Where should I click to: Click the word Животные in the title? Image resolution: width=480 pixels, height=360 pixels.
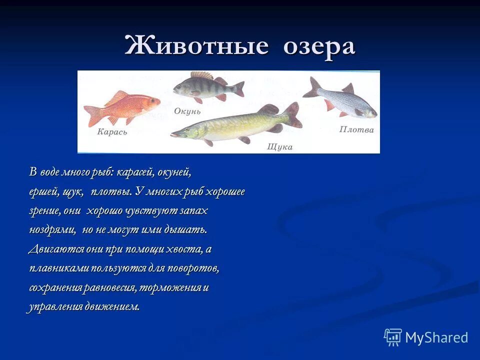(x=196, y=46)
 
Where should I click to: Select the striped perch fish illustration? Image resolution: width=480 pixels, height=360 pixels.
(x=207, y=88)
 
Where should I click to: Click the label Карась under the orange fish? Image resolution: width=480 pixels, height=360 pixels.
(x=112, y=132)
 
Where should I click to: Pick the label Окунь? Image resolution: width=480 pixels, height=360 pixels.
(x=187, y=111)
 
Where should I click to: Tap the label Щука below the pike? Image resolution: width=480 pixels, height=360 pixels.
(x=279, y=147)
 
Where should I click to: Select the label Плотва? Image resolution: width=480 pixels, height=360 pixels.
(x=356, y=130)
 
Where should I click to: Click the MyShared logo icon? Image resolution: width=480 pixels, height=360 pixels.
(x=392, y=337)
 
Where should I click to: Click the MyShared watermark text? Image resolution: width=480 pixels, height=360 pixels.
(x=436, y=337)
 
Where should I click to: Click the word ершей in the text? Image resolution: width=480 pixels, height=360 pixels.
(x=43, y=192)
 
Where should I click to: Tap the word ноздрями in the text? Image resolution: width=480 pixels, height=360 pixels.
(x=52, y=230)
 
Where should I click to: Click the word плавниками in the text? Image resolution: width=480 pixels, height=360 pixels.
(x=59, y=268)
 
